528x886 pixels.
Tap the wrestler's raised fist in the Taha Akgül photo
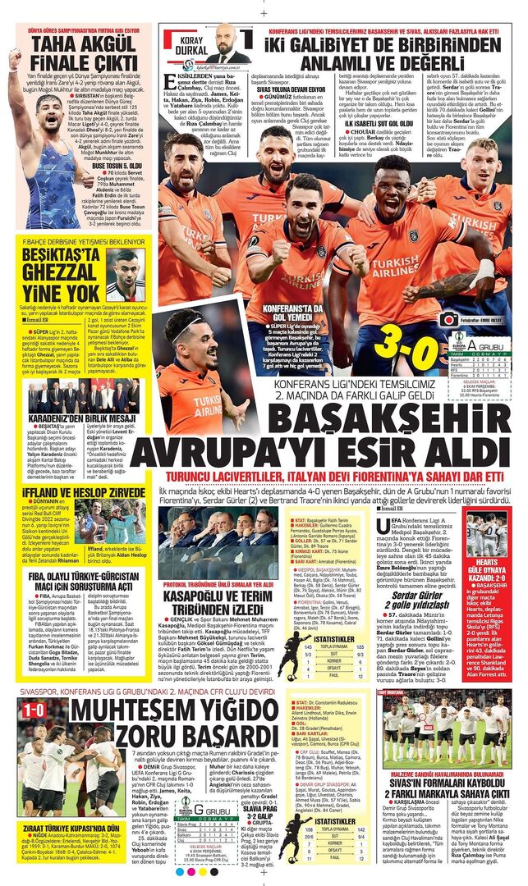click(x=14, y=58)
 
